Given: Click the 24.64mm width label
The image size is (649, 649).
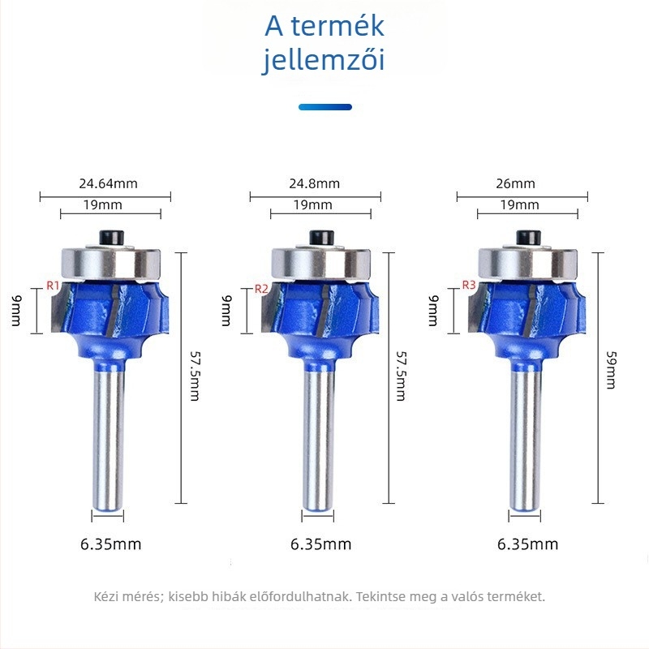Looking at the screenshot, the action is point(108,183).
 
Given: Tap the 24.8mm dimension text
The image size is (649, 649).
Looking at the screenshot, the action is point(314,183).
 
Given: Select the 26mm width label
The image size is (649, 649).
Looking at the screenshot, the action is point(515,183).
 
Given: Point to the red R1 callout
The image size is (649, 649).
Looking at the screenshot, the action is point(53,286).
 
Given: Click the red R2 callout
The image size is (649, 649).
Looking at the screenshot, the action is point(261,289).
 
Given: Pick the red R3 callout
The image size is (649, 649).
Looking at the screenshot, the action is point(469,285).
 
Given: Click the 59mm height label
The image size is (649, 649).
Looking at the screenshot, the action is point(611,370).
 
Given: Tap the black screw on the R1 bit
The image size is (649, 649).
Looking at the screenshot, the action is point(112,239).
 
